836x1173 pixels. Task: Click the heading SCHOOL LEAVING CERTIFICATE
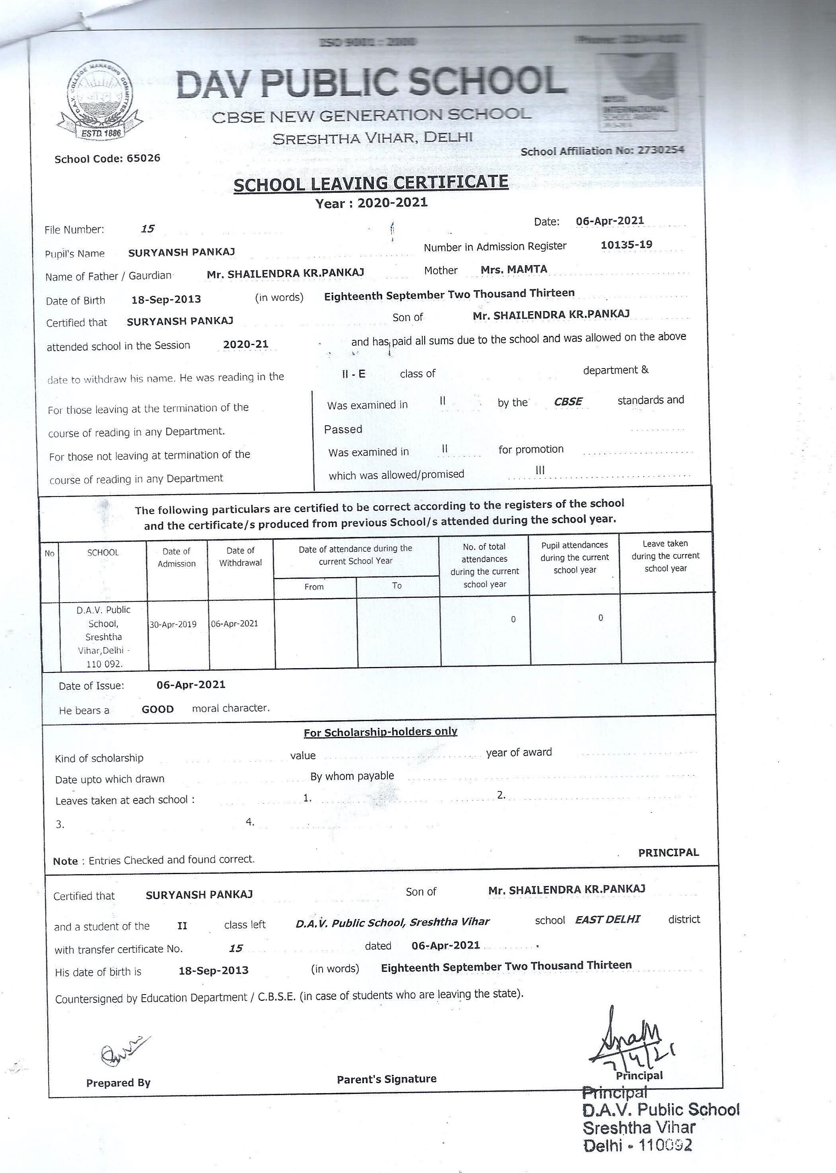pos(371,183)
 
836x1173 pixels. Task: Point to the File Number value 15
pos(148,229)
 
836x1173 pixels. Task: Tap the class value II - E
pos(354,374)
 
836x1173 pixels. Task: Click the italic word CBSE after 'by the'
pos(568,401)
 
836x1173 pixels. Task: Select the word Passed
pos(343,429)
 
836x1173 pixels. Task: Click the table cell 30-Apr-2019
pos(173,624)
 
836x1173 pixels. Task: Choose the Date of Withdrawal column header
pos(240,556)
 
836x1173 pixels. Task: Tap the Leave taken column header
pos(665,556)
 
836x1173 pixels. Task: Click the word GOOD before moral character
pos(157,710)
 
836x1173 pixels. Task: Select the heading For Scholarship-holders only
pos(380,732)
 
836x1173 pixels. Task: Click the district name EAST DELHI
pos(608,919)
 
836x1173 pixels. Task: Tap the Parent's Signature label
pos(387,1079)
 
